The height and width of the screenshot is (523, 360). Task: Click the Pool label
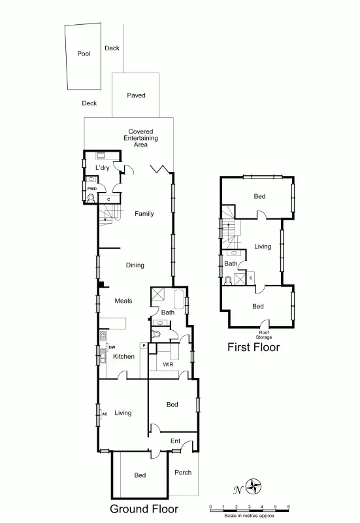[x=84, y=54]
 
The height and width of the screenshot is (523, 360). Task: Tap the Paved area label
[x=136, y=95]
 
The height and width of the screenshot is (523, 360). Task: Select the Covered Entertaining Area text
[x=140, y=138]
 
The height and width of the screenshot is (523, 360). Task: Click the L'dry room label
[x=102, y=169]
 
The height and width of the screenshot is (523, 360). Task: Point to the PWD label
[x=92, y=188]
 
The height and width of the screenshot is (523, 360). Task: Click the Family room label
[x=144, y=214]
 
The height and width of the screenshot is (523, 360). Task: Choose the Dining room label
[x=135, y=265]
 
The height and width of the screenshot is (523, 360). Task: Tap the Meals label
[x=123, y=301]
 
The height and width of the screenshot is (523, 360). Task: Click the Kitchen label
[x=123, y=356]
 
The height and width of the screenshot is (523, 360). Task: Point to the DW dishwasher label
[x=112, y=347]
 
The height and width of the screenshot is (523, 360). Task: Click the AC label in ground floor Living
[x=104, y=414]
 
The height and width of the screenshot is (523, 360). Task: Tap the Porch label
[x=184, y=473]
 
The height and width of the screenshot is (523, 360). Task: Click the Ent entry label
[x=175, y=442]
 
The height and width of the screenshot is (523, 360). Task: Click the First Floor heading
[x=253, y=348]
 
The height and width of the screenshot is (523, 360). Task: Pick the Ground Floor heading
[x=143, y=509]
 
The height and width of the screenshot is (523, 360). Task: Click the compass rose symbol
[x=254, y=487]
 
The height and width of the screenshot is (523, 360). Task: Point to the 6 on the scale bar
[x=288, y=507]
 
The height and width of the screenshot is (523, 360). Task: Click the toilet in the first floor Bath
[x=227, y=280]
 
